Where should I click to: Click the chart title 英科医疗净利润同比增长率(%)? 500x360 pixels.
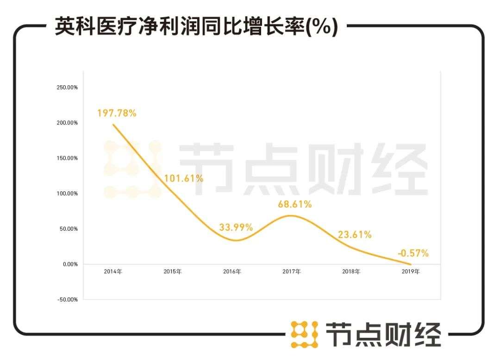tap(196, 26)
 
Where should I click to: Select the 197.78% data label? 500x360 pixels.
tap(117, 113)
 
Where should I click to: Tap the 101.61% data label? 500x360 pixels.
tap(184, 178)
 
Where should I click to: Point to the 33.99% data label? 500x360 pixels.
tap(236, 227)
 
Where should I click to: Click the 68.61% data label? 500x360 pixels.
tap(294, 204)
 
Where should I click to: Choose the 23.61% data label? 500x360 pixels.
tap(354, 234)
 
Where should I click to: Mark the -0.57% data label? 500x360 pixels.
tap(413, 253)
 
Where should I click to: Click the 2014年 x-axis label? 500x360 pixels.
tap(113, 272)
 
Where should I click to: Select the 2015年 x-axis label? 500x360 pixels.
tap(173, 272)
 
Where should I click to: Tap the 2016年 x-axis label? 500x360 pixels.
tap(232, 272)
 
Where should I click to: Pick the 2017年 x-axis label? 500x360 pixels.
tap(292, 272)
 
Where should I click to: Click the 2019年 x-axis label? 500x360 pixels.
tap(411, 272)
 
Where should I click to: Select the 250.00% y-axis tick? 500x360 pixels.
tap(67, 88)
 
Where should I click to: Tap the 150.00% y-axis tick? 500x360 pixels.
tap(67, 158)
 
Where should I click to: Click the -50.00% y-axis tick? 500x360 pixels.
tap(67, 299)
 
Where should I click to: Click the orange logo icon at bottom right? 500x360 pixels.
tap(304, 334)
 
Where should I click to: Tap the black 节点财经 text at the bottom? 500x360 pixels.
tap(383, 334)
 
